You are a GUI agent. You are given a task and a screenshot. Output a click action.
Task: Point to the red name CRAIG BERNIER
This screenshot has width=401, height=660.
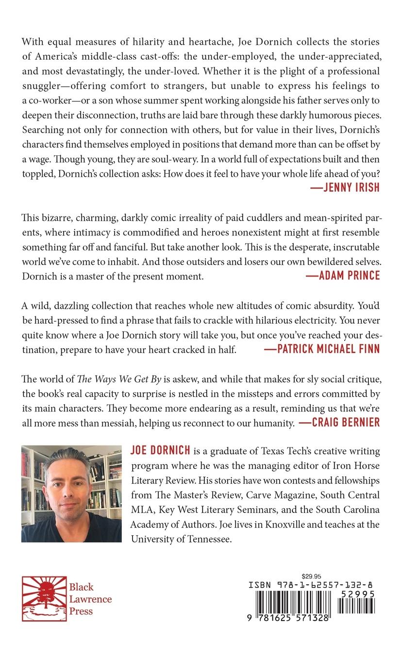(x=339, y=422)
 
